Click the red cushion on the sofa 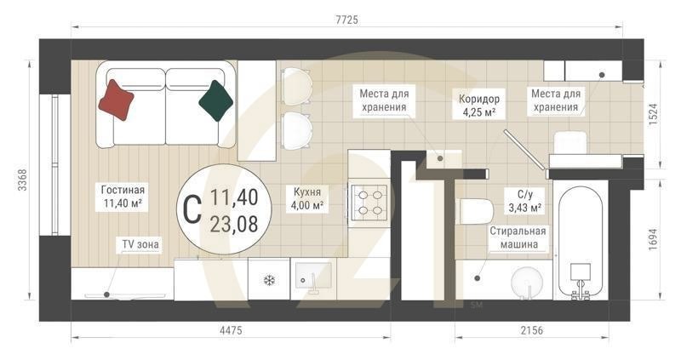(x=117, y=99)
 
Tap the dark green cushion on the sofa (x=215, y=100)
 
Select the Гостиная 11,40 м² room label (x=123, y=197)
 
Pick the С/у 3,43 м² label (x=524, y=201)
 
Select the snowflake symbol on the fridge (x=269, y=280)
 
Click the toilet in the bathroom (x=474, y=210)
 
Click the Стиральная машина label (x=518, y=237)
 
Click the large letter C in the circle (x=192, y=209)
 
